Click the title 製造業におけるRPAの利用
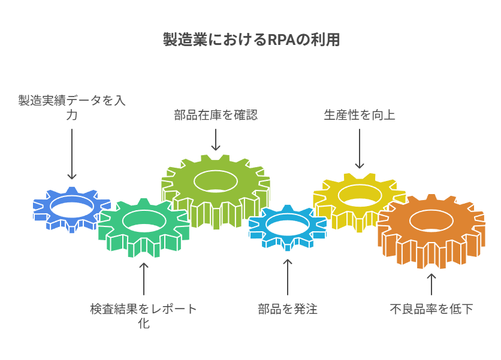(251, 40)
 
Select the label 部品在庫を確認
(216, 115)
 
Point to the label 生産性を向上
(360, 115)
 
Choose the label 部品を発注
(288, 309)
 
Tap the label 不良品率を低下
(431, 309)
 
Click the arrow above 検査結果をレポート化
(144, 279)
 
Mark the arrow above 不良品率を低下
(431, 284)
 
